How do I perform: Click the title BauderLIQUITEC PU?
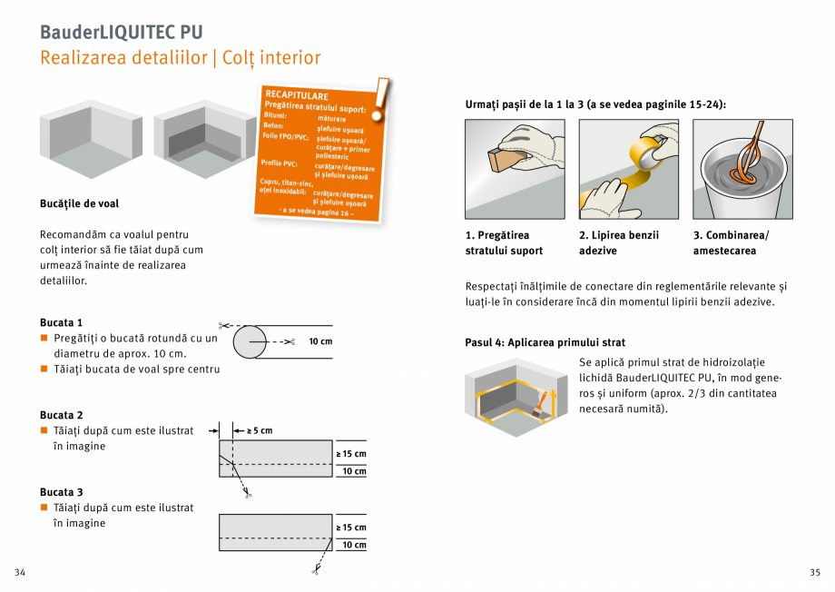pos(121,32)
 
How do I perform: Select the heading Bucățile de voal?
pos(79,203)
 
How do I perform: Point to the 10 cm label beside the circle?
pos(320,341)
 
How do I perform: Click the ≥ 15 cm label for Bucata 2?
pos(351,454)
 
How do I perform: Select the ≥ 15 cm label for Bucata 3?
pos(351,528)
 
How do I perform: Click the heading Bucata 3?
pos(62,492)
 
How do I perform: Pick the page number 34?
pos(20,572)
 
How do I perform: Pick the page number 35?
pos(814,572)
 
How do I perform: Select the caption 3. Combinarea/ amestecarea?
pos(731,242)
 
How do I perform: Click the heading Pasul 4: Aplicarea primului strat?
pos(545,343)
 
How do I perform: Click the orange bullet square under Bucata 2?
pos(44,430)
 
